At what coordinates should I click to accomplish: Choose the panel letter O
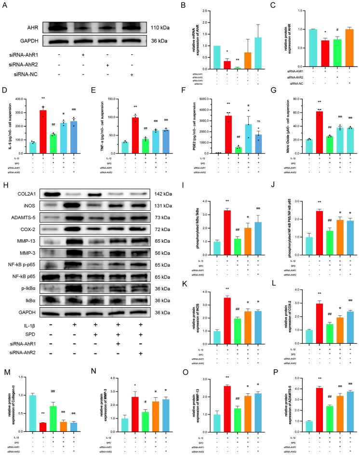click(181, 327)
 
